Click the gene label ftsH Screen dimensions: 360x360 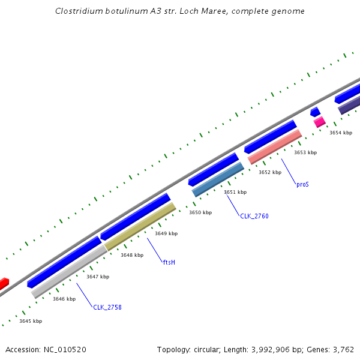[169, 262]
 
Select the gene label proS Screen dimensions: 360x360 [302, 185]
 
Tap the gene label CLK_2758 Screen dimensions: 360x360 [107, 307]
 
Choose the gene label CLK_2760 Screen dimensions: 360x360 [254, 216]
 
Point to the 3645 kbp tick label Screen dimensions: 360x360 [31, 321]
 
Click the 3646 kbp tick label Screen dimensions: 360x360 [64, 299]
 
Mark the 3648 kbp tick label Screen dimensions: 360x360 [132, 255]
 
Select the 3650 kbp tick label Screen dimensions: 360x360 [200, 212]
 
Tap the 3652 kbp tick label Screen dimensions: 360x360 [270, 172]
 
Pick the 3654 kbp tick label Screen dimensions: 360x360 [341, 133]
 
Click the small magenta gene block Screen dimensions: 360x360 [320, 122]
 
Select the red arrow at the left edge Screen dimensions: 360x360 [4, 283]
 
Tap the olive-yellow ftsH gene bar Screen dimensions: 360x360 [140, 226]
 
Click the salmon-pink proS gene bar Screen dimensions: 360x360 [275, 147]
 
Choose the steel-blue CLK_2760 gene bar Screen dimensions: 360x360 [218, 179]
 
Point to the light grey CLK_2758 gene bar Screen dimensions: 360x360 [69, 271]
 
